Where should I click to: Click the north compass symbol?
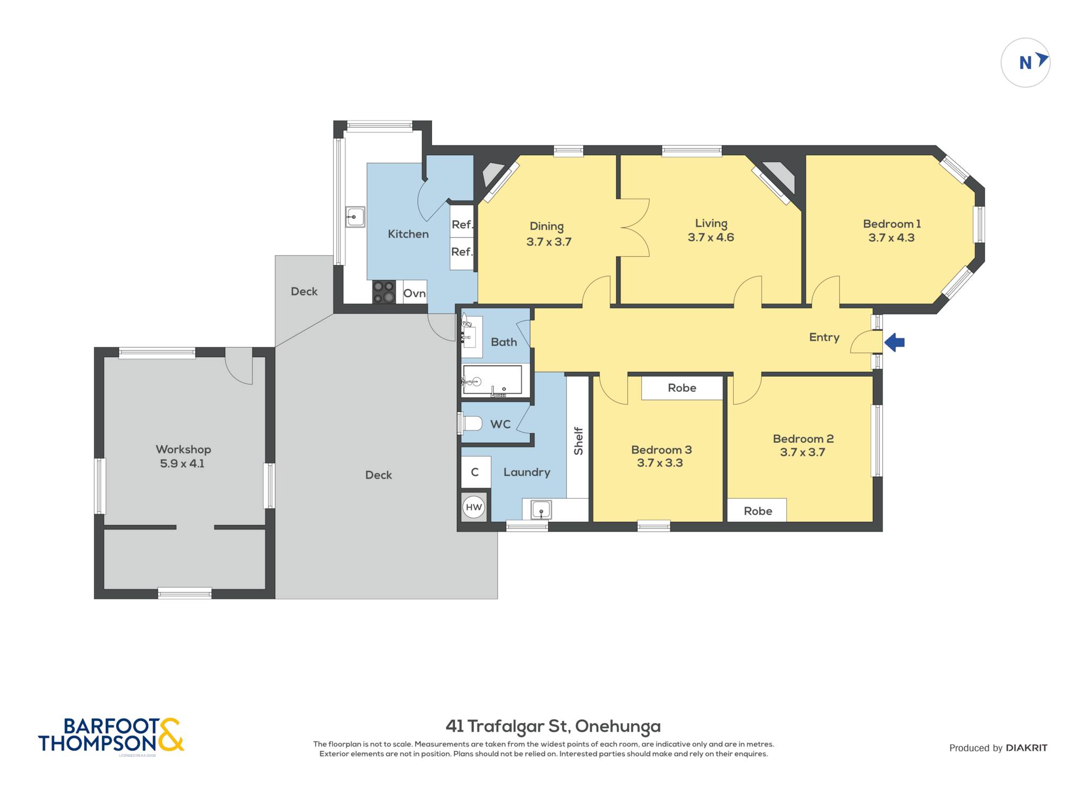[1025, 63]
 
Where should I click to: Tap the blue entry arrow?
[895, 342]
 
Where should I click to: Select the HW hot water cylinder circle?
[473, 507]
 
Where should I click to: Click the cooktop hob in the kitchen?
[384, 292]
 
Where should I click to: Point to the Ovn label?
[414, 293]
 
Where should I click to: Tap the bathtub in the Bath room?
[492, 380]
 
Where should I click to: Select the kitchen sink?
[355, 217]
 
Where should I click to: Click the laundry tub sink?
[541, 510]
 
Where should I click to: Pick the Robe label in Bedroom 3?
[682, 388]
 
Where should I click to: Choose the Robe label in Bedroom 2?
[758, 511]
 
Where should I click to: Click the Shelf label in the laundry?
[579, 441]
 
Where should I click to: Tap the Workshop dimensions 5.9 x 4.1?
[182, 463]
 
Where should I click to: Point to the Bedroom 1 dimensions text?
[891, 238]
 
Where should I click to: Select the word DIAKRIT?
[1026, 748]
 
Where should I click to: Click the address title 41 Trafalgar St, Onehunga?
[553, 726]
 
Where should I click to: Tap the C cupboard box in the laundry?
[475, 472]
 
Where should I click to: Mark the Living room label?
[711, 224]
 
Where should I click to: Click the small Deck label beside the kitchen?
[304, 291]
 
